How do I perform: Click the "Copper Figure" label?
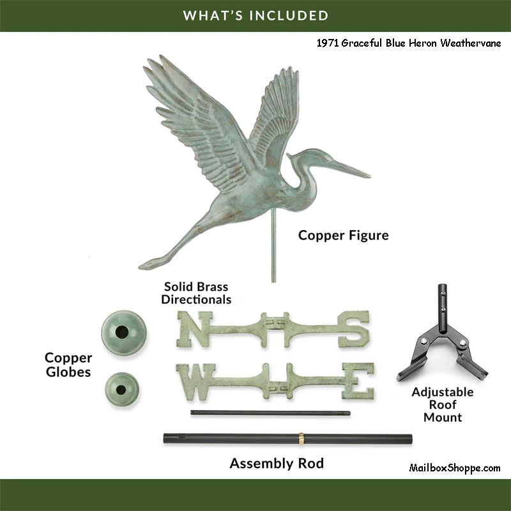pyautogui.click(x=343, y=236)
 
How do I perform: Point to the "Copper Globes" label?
pyautogui.click(x=68, y=365)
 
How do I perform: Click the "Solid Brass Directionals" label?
pyautogui.click(x=196, y=293)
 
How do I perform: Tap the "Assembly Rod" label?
pyautogui.click(x=277, y=463)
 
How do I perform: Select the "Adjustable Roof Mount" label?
pyautogui.click(x=443, y=404)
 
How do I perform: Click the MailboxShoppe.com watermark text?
pyautogui.click(x=454, y=468)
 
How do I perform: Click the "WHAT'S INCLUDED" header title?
pyautogui.click(x=256, y=15)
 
